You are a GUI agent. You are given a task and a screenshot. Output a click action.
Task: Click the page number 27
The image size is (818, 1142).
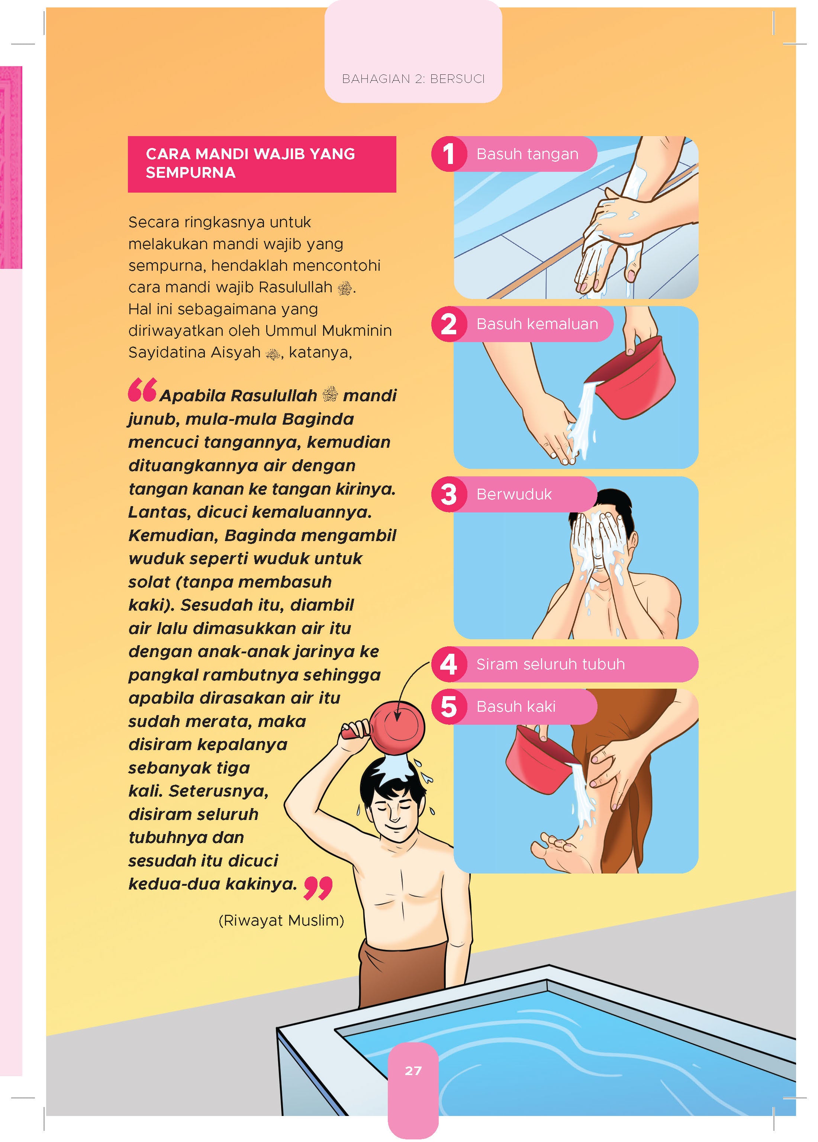click(413, 1071)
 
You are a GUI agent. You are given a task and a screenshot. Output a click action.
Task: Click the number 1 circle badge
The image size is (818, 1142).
click(448, 154)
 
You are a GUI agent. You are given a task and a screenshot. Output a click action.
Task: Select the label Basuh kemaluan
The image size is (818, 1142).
click(537, 324)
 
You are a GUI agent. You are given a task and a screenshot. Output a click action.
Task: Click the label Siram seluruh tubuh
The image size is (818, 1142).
click(550, 664)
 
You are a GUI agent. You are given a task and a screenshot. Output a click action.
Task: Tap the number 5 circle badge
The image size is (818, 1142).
click(448, 707)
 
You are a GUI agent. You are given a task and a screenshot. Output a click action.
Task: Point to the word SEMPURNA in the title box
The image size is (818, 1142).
click(191, 173)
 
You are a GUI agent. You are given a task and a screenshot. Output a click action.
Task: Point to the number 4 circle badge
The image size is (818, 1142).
click(448, 664)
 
